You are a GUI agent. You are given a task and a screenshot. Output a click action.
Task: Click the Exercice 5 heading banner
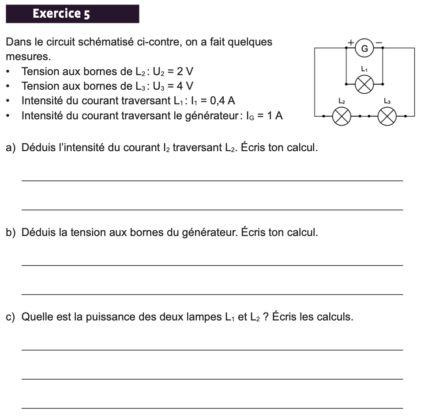(x=72, y=14)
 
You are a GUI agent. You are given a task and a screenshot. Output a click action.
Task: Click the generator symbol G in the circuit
(x=365, y=48)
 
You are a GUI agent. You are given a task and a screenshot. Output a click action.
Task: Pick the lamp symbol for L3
(x=387, y=117)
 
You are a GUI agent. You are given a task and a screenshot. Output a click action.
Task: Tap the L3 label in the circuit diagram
(x=387, y=101)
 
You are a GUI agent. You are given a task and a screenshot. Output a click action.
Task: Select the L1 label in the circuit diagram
(x=364, y=69)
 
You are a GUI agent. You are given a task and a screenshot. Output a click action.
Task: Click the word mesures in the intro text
(x=28, y=57)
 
